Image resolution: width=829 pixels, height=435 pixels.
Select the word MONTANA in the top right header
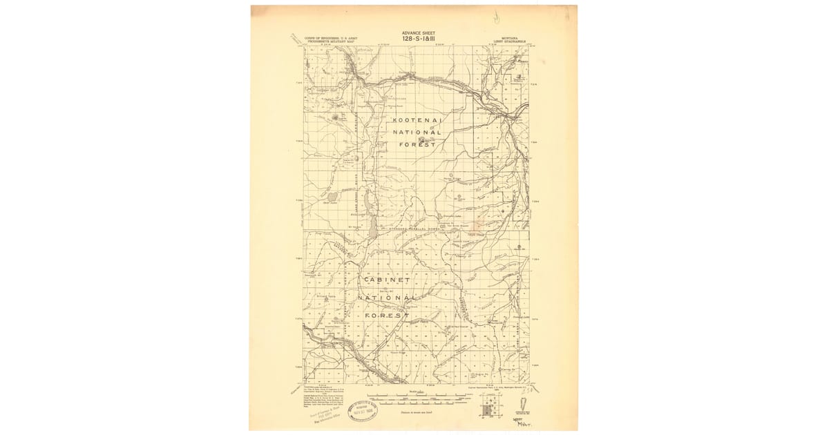[x=511, y=38]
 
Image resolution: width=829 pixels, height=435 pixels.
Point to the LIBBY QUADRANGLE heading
[x=511, y=42]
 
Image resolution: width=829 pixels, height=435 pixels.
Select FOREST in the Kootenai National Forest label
[x=417, y=144]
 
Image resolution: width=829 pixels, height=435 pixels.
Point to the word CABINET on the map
[x=385, y=280]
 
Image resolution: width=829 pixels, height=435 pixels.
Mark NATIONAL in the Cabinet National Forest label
[x=387, y=298]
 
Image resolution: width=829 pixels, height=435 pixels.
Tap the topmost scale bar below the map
[x=414, y=396]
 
